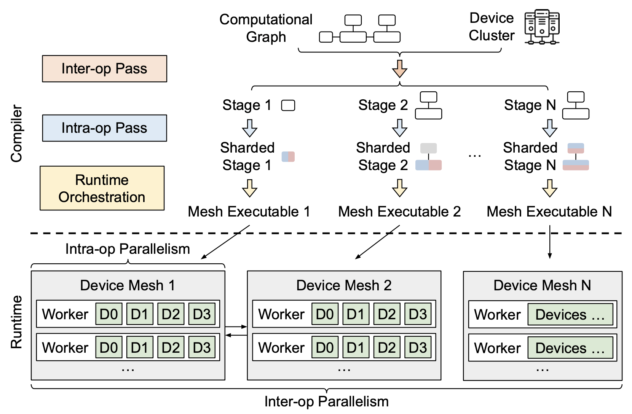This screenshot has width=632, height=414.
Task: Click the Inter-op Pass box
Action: tap(104, 69)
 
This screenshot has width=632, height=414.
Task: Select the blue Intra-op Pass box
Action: tap(104, 128)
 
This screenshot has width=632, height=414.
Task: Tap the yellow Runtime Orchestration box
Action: tap(102, 188)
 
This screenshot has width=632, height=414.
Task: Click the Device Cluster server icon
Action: tap(542, 27)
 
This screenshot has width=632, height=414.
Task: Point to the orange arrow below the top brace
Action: tap(399, 68)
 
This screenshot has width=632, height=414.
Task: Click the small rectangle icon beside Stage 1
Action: tap(288, 105)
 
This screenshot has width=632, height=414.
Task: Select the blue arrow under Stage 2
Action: tap(399, 128)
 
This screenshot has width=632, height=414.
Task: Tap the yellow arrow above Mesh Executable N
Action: tap(550, 188)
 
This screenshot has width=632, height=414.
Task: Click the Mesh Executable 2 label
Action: tap(399, 212)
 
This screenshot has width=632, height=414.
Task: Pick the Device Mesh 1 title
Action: tap(128, 285)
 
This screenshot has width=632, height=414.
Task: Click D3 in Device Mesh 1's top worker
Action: tap(202, 314)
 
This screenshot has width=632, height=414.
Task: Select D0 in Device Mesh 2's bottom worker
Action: tap(325, 347)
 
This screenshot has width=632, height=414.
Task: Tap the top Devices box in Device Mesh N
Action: tap(570, 314)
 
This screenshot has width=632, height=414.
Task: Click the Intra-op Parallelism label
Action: tap(128, 249)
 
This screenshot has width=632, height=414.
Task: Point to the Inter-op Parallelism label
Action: tap(326, 401)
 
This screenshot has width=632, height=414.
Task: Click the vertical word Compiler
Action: tap(16, 134)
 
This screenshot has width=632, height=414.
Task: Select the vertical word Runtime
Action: tap(16, 322)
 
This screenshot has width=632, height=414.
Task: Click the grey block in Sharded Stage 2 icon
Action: tap(428, 148)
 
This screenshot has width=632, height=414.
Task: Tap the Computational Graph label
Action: tap(266, 28)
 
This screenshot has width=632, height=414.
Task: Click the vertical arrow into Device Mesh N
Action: tap(550, 242)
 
